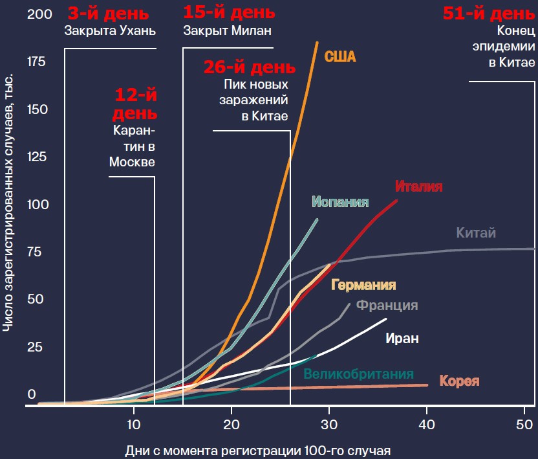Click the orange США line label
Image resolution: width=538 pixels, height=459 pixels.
[339, 56]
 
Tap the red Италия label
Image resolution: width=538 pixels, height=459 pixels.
[418, 186]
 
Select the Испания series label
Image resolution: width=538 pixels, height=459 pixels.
[340, 202]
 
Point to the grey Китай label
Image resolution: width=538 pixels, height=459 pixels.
[476, 232]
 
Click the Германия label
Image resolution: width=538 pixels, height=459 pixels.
[363, 285]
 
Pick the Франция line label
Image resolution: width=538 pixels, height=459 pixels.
[387, 306]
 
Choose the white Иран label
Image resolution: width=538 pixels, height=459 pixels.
[402, 338]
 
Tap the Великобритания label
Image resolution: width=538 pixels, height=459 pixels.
[358, 374]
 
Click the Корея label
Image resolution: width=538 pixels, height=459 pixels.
[459, 381]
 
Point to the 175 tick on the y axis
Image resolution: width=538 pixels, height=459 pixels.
[36, 62]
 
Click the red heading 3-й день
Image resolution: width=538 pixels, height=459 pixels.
[107, 13]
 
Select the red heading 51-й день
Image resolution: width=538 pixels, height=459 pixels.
[489, 13]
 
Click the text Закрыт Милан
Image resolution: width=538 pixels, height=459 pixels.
[227, 30]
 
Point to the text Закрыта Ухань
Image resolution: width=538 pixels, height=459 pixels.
[111, 30]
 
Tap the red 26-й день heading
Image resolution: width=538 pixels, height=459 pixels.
[250, 67]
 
